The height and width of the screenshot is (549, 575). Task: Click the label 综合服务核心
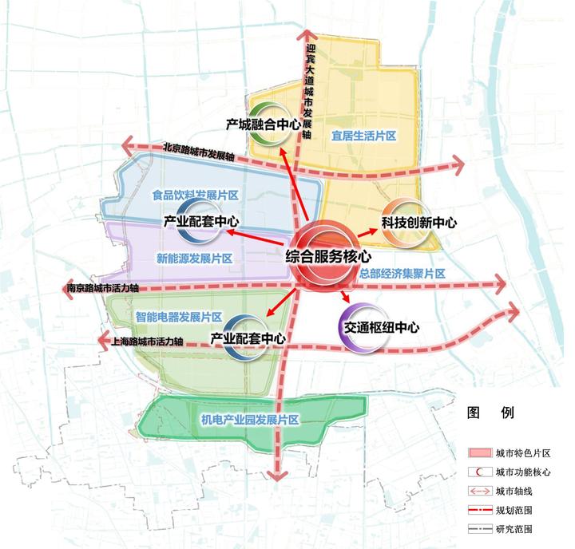pyautogui.click(x=329, y=257)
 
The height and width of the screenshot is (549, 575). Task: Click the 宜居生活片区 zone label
pyautogui.click(x=364, y=136)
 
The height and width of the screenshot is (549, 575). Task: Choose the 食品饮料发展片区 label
pyautogui.click(x=196, y=195)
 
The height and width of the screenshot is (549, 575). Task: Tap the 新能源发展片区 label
pyautogui.click(x=194, y=259)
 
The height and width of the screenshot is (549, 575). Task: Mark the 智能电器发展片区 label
pyautogui.click(x=178, y=316)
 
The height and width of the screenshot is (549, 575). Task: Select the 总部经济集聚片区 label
pyautogui.click(x=402, y=274)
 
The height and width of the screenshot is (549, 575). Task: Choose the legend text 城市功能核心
pyautogui.click(x=522, y=472)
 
